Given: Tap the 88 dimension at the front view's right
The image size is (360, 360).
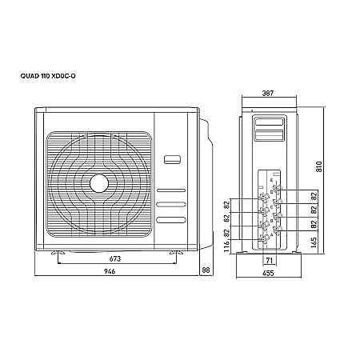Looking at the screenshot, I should click(x=206, y=272).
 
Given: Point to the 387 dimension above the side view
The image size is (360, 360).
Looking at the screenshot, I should click(x=269, y=94).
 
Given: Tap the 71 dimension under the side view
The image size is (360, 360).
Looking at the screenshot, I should click(x=270, y=261).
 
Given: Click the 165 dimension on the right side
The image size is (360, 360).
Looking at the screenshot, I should click(x=314, y=240).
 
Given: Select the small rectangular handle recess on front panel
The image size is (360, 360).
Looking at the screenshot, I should click(x=172, y=158).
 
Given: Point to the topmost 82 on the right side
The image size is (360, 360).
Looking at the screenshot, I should click(x=314, y=195).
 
